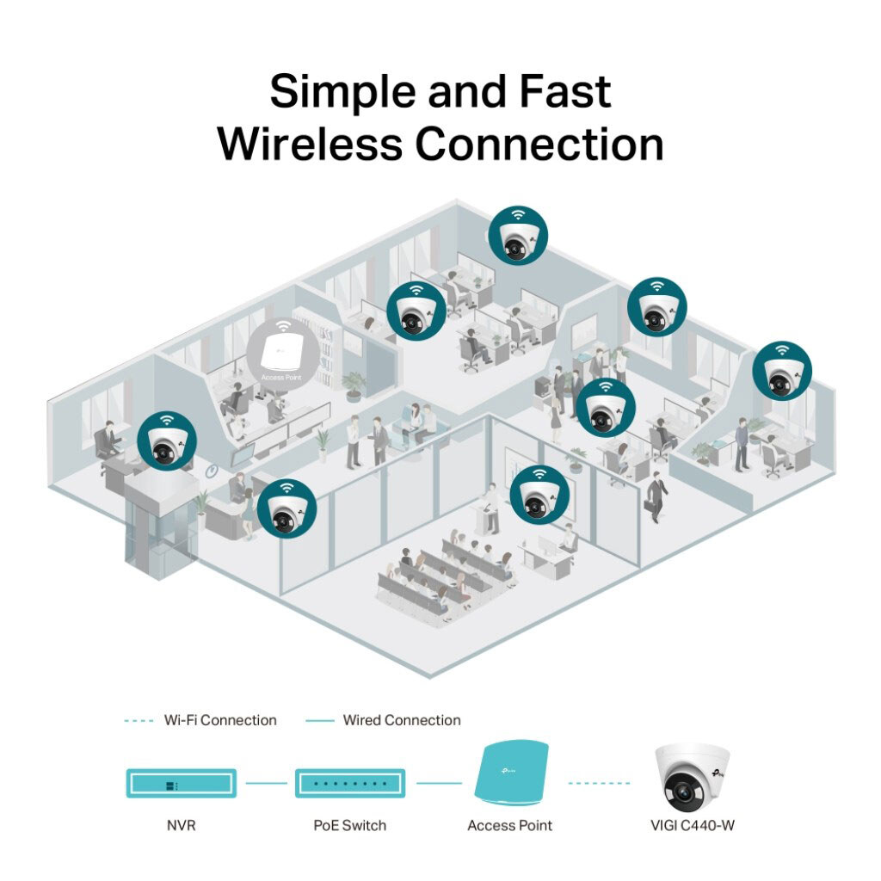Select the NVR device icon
point(181,783)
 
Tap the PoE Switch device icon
point(349,783)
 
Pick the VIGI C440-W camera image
point(692,778)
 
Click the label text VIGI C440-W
point(693,825)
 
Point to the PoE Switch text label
point(349,825)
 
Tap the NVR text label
point(181,825)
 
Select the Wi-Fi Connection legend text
point(220,720)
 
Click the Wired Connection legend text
point(402,720)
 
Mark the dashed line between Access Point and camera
point(599,783)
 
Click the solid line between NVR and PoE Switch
point(266,783)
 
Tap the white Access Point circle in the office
point(282,354)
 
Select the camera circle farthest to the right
point(782,371)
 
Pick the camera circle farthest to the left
point(167,440)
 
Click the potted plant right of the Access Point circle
point(354,386)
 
